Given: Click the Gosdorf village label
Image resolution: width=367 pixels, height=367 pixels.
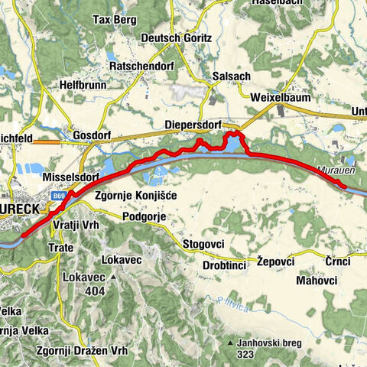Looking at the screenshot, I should (92, 135).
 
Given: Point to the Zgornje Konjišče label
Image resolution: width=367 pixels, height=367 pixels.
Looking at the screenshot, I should (136, 196).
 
